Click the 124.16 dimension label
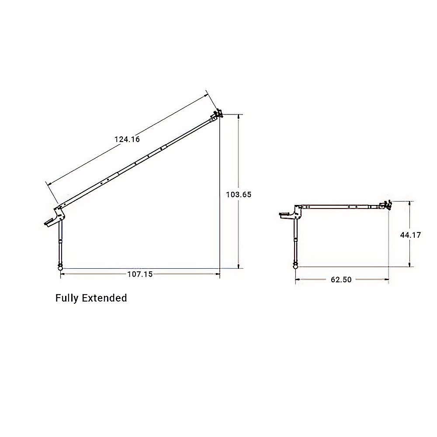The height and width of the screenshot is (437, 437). point(127,139)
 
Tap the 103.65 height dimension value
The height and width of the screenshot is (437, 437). point(239,195)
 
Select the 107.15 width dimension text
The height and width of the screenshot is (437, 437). point(140,274)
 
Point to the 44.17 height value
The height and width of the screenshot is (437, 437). point(410,235)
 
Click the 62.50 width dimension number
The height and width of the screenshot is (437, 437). point(341,280)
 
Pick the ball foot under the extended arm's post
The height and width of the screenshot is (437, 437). point(60,267)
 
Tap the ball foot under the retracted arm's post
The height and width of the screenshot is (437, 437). point(296,265)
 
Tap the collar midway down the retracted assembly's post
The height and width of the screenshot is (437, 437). point(296,239)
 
